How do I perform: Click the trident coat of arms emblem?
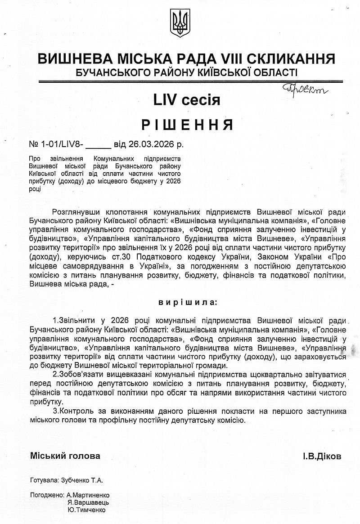coord(180,23)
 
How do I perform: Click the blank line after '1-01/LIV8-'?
coord(98,146)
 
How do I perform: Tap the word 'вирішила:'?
coord(187,302)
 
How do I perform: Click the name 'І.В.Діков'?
coord(322,456)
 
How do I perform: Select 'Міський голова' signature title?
coord(65,456)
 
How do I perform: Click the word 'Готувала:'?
coord(45,480)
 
